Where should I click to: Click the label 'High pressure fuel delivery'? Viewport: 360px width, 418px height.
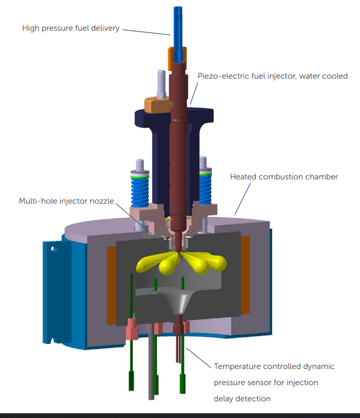71,28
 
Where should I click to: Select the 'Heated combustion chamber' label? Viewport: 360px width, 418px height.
284,177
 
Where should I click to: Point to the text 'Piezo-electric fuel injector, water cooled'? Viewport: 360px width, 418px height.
273,76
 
